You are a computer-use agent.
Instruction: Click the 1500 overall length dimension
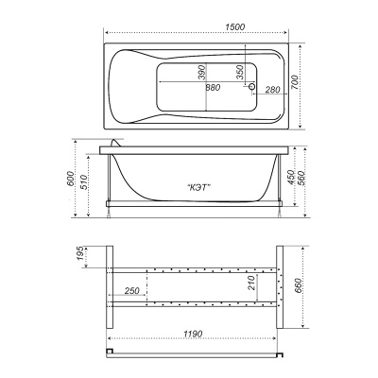pos(235,27)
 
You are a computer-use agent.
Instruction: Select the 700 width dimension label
pos(295,82)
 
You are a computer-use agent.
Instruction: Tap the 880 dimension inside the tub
pos(213,87)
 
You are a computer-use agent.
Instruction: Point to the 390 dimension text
pos(202,72)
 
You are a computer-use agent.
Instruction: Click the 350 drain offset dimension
pos(240,72)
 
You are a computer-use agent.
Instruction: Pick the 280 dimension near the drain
pos(272,90)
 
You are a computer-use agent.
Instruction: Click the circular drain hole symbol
pos(252,86)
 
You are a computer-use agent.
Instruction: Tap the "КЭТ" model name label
pos(198,188)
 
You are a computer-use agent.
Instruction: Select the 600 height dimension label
pos(71,179)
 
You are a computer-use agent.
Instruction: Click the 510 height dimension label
pos(84,182)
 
